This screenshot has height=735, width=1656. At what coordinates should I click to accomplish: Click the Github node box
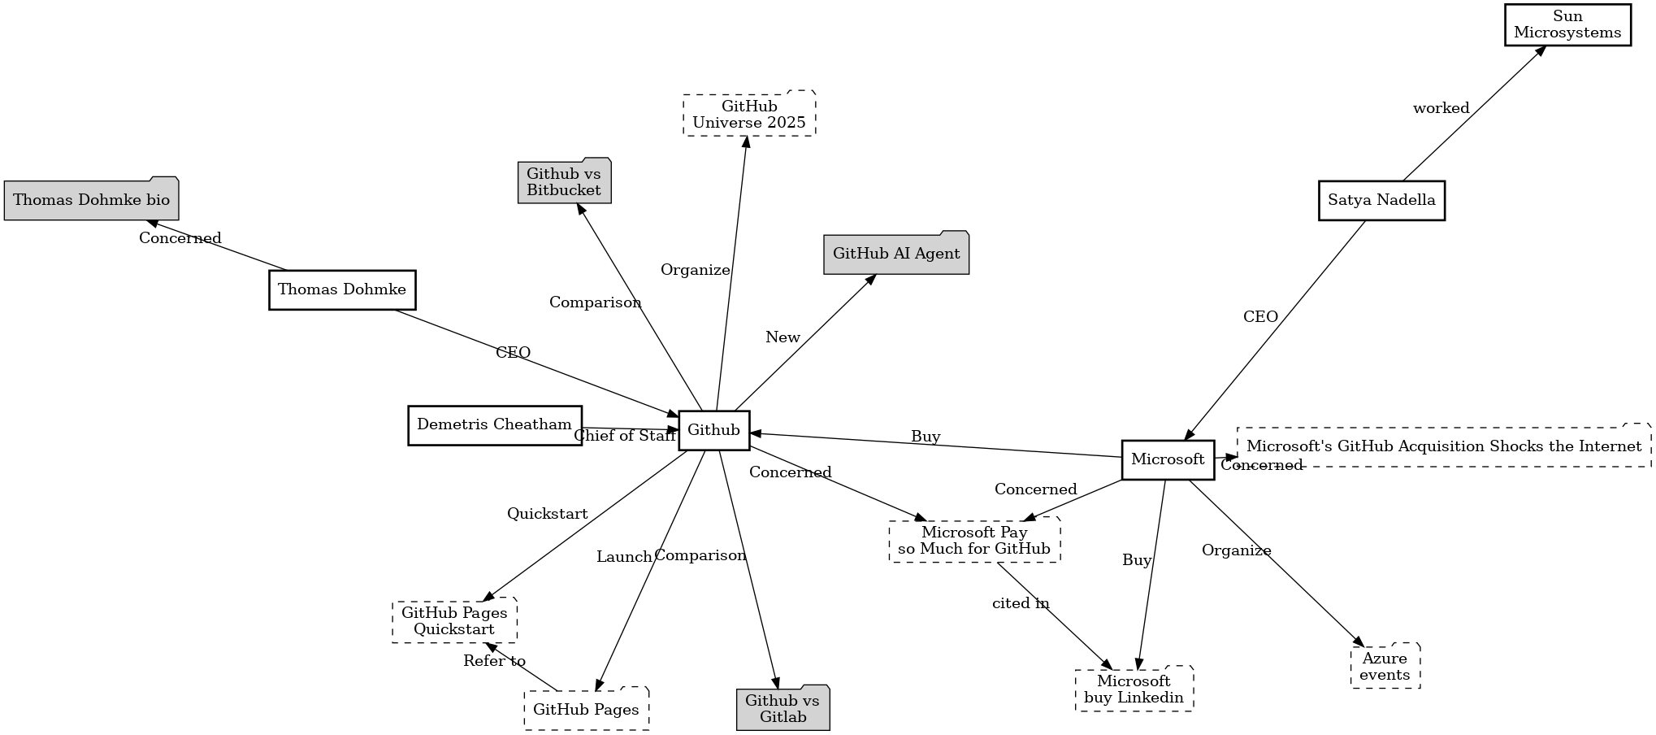coord(713,430)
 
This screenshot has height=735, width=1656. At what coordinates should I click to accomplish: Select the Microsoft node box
coord(1168,459)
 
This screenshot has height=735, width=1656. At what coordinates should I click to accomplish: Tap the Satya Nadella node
coord(1381,200)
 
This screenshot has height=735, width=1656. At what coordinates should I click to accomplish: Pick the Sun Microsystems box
coord(1567,24)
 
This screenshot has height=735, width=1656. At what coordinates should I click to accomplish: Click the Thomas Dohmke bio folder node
coord(91,200)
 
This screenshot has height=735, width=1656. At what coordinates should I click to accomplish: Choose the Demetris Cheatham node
coord(494,424)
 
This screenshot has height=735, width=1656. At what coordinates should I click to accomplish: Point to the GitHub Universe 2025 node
coord(749,115)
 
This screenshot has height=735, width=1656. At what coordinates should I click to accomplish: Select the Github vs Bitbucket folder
coord(564,182)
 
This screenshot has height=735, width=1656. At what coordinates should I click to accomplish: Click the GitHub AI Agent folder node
coord(896,254)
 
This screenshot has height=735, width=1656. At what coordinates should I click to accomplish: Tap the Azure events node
coord(1385,667)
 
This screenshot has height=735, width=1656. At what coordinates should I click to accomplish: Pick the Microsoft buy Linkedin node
coord(1134,689)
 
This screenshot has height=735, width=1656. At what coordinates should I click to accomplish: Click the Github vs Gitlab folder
coord(782,709)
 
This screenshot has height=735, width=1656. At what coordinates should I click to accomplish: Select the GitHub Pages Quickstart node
coord(454,621)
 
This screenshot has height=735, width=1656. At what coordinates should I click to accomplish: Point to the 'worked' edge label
coord(1441,108)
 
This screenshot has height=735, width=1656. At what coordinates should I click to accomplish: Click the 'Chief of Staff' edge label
coord(624,436)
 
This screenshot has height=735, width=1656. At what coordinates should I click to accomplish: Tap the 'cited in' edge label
coord(1021,603)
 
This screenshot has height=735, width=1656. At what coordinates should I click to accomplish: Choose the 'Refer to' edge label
coord(494,661)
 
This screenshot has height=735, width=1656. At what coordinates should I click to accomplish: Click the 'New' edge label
coord(782,337)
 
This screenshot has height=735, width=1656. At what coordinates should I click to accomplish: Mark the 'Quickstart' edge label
coord(547,514)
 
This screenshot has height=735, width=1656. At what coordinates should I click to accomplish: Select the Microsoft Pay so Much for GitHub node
coord(974,541)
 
